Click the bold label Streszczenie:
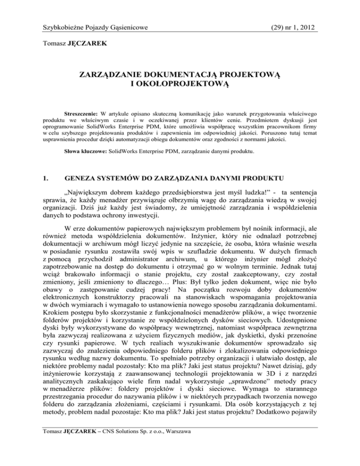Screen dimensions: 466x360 (x=82, y=114)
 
